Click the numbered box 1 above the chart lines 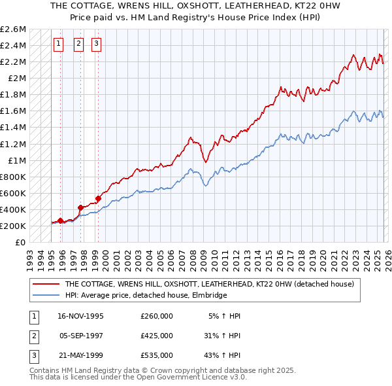(59, 44)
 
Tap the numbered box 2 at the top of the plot (78, 44)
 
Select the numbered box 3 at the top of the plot (96, 44)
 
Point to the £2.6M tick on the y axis (13, 29)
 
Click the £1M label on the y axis (17, 160)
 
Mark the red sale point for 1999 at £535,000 (98, 198)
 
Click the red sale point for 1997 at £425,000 (80, 207)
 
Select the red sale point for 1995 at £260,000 (61, 221)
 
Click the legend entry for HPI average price (145, 296)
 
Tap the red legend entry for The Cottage (209, 285)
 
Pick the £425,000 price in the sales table (156, 336)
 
